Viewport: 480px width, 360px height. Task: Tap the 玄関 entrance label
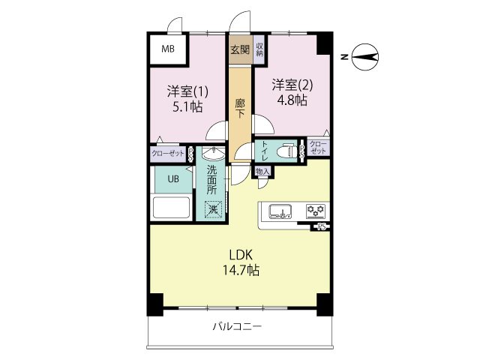click(239, 50)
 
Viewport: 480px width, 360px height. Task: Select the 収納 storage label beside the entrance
click(259, 50)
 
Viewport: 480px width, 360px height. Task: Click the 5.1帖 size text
click(187, 106)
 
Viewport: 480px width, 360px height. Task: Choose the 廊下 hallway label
click(239, 109)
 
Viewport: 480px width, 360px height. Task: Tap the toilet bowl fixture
click(285, 151)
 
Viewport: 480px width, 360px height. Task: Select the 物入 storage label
click(262, 172)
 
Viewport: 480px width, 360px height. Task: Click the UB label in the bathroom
click(172, 178)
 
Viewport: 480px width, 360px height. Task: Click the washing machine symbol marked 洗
click(212, 209)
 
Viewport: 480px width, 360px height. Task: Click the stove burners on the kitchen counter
click(314, 210)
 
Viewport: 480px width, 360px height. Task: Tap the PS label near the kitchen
click(322, 226)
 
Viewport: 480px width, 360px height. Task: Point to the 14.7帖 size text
click(241, 270)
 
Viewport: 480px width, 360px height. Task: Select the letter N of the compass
click(343, 56)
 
